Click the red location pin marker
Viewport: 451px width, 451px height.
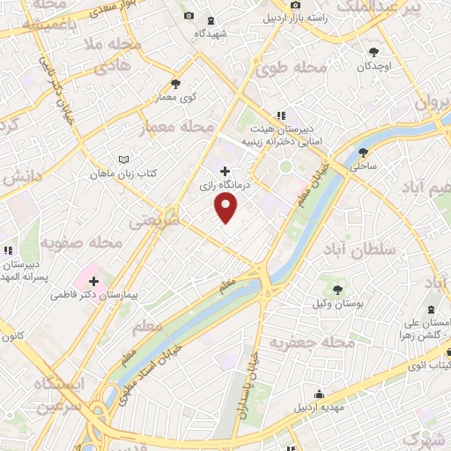[226, 207]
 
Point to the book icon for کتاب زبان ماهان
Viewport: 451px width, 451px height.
[123, 160]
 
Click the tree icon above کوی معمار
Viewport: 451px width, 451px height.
[175, 85]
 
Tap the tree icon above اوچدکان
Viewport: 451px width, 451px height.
[374, 52]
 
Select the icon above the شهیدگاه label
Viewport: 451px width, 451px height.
[210, 21]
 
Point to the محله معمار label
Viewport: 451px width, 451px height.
[176, 129]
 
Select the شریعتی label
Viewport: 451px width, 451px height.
[153, 222]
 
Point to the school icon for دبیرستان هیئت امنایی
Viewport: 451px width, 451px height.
[281, 115]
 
